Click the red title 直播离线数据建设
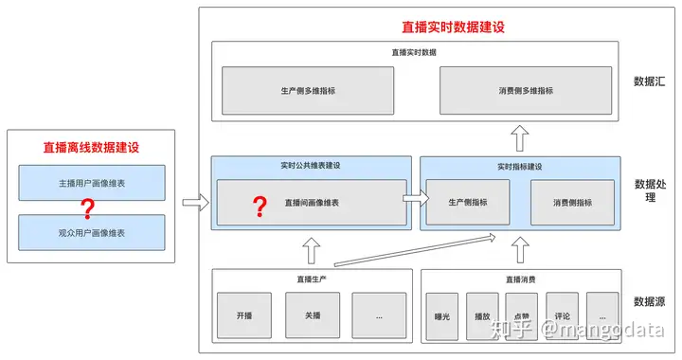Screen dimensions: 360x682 point(91,148)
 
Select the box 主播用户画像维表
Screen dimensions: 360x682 point(91,182)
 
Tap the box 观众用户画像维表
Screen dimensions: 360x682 point(91,231)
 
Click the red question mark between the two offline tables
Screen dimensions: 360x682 point(89,207)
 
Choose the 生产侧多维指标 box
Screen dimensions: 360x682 point(308,91)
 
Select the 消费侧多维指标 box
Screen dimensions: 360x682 point(526,91)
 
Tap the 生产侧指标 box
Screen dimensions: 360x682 point(467,202)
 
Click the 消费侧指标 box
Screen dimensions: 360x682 point(572,202)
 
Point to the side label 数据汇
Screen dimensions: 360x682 point(650,81)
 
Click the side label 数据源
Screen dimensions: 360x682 point(650,301)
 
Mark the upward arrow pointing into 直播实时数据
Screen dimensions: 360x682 point(520,140)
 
